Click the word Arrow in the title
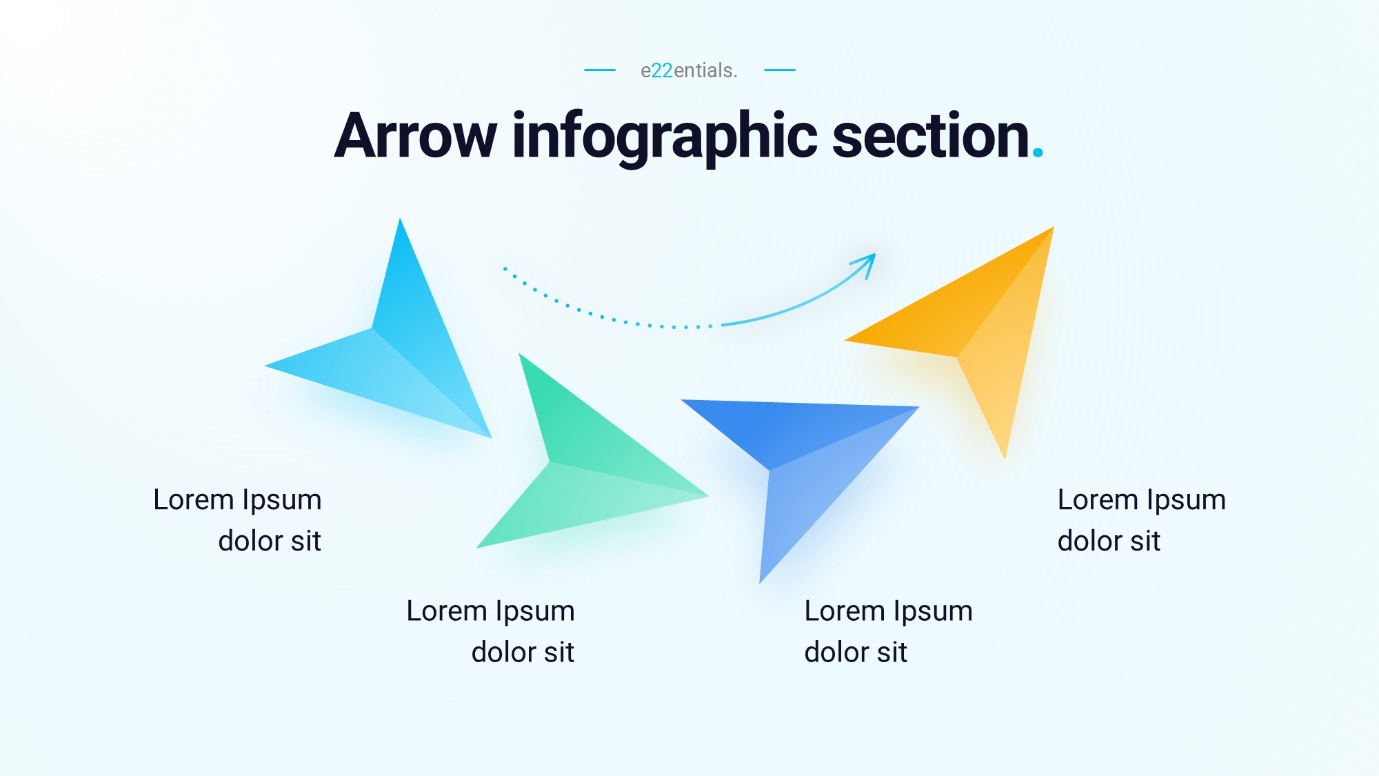point(415,136)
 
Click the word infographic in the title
point(665,138)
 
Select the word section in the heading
point(931,136)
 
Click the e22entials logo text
point(689,70)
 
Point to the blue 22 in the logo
point(662,70)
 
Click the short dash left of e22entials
point(600,70)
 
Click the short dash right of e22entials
point(780,70)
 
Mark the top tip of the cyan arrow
point(400,219)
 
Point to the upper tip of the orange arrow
point(1053,228)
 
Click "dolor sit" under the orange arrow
point(1109,541)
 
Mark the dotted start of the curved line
point(505,268)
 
